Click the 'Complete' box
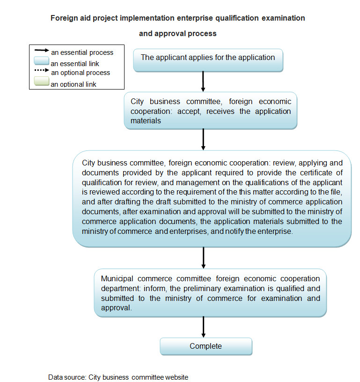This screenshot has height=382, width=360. coord(206,346)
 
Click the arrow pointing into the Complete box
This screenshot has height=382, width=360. coord(203,326)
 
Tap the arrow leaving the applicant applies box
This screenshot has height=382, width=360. coord(203,82)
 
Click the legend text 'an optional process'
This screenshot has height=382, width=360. coord(81,73)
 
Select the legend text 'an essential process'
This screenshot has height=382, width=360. coord(82,53)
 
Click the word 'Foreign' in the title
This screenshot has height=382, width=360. coord(64,18)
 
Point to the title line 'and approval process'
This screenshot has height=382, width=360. coord(177,34)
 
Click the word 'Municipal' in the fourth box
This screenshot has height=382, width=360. coord(116,278)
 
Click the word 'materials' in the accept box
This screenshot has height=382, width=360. coord(146,120)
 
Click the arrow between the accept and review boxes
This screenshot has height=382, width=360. coord(203,139)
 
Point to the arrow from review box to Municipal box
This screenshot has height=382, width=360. coord(203,257)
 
